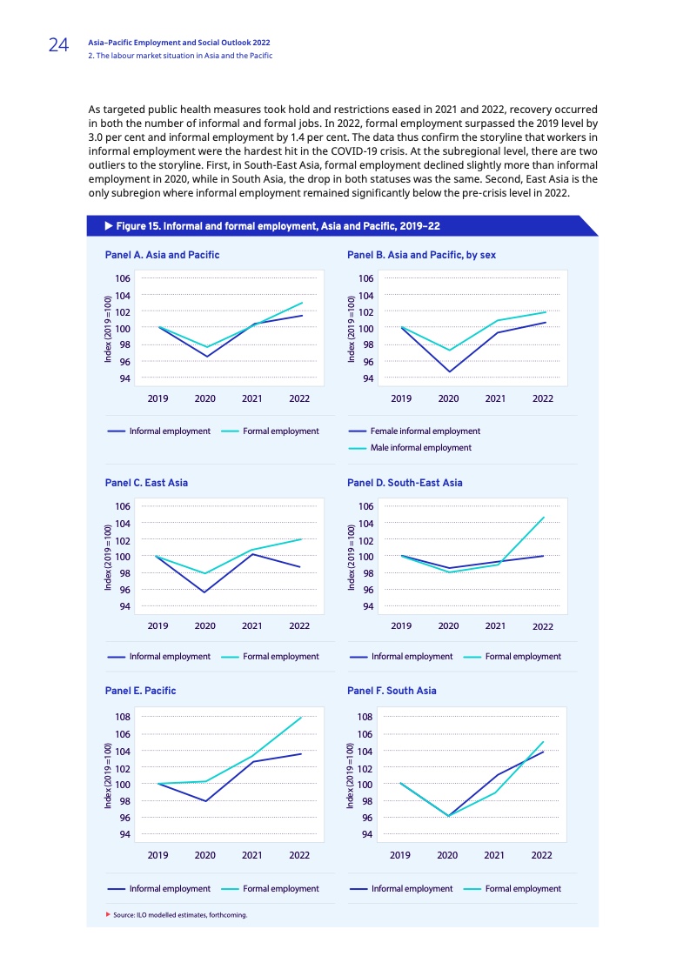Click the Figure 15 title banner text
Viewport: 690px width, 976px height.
271,226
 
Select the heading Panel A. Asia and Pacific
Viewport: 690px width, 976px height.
161,255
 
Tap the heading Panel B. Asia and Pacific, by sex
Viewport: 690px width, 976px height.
421,255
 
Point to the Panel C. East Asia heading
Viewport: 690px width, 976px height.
146,482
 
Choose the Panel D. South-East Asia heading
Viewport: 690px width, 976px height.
405,482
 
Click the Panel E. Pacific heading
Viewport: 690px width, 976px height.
140,691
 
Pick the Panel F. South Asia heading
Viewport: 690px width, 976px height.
392,691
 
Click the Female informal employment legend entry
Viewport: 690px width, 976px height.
425,431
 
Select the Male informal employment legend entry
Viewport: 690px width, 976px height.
420,448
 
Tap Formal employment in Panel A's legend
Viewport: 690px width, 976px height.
280,431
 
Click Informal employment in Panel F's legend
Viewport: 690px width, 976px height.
412,889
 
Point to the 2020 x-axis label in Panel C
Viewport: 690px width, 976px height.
205,625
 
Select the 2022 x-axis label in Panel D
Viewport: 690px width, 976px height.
542,626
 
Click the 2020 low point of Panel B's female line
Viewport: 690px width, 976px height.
449,371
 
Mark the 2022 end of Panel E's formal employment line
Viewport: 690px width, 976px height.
301,717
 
